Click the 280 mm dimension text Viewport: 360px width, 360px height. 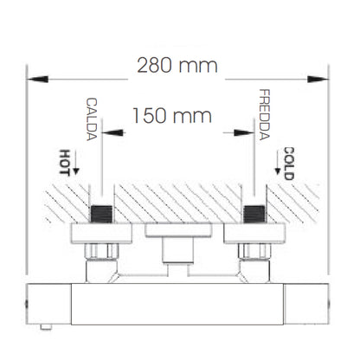(177, 65)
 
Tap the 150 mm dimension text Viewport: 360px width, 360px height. (172, 116)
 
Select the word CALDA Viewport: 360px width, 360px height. (92, 119)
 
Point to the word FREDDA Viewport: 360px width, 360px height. (264, 114)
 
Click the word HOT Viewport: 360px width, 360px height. (65, 163)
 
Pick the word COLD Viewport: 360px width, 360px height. (289, 164)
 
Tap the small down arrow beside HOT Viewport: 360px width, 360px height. (76, 163)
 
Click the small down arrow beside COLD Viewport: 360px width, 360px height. (278, 164)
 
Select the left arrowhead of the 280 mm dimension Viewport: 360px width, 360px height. (37, 79)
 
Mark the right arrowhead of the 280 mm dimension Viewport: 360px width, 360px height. (318, 79)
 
